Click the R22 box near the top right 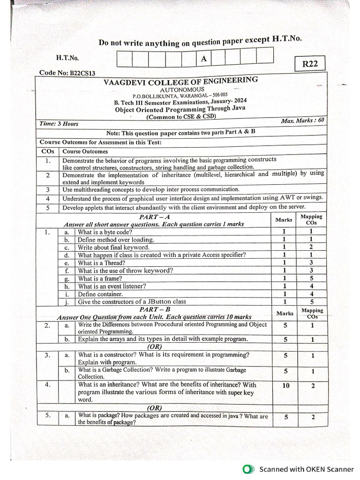point(310,64)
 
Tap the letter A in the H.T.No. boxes point(203,59)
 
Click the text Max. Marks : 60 point(302,120)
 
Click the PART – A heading point(154,217)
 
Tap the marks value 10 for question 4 point(285,385)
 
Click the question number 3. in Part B point(48,355)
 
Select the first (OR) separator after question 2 point(154,347)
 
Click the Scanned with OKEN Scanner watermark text point(307,469)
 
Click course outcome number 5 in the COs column point(48,207)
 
